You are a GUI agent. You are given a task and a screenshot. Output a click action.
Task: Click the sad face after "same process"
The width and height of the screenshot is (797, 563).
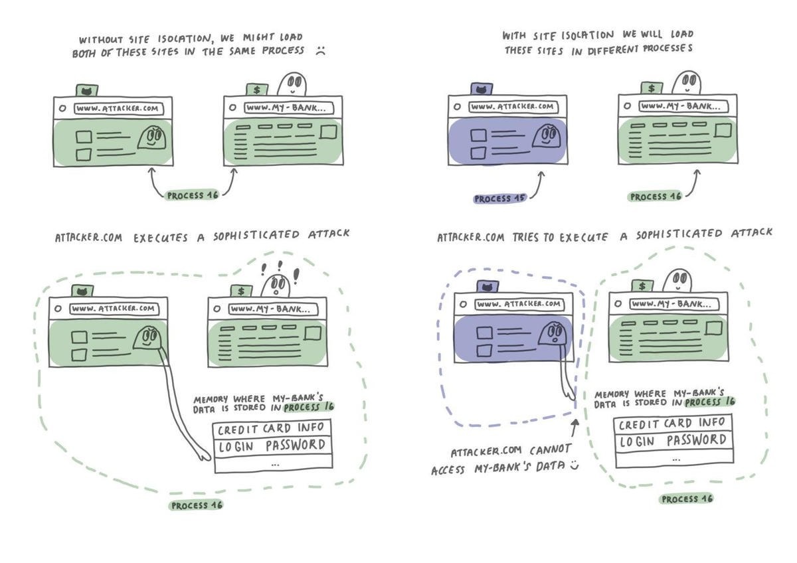coord(320,50)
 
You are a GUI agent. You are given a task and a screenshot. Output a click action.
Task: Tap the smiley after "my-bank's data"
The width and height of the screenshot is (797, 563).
coord(574,467)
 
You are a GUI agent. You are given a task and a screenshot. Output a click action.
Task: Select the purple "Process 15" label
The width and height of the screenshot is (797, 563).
coord(499,199)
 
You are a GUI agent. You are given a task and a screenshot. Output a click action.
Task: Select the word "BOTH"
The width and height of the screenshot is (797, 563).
coord(87,53)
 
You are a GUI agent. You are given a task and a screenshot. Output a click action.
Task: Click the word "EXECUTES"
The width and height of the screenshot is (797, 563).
coord(161,236)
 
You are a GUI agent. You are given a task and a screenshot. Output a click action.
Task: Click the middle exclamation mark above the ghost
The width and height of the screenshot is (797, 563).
coord(278,265)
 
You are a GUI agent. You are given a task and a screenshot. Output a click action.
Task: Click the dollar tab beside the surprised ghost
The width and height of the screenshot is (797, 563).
coord(241,290)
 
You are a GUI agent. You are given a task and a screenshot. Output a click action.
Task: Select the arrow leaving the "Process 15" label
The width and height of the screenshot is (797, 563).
coord(537,186)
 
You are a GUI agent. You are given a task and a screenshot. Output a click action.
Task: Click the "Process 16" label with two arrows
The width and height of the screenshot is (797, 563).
coord(193,195)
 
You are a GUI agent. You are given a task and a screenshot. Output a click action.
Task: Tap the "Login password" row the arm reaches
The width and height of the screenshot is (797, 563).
coord(272,445)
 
